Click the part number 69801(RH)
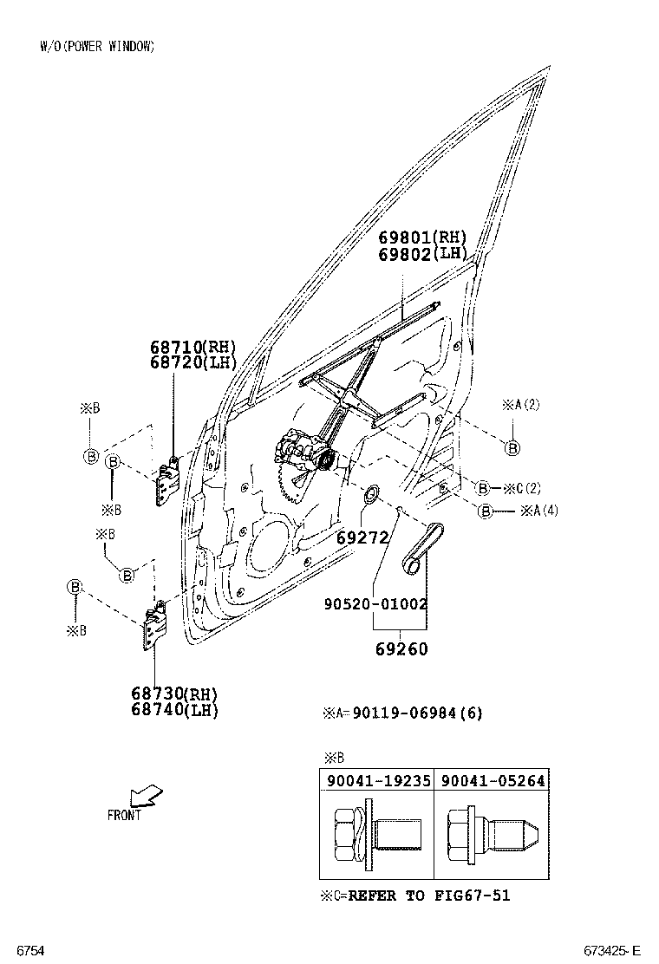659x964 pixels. click(x=421, y=238)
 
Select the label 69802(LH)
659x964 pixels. click(x=421, y=253)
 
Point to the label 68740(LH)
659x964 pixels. click(x=174, y=709)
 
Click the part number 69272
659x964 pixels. click(x=362, y=538)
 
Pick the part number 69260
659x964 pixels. click(x=401, y=648)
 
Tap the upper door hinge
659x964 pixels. click(x=166, y=481)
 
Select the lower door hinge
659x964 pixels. click(x=153, y=625)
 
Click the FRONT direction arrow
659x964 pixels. click(x=144, y=795)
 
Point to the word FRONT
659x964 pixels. click(x=124, y=815)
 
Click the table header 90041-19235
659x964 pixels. click(x=378, y=780)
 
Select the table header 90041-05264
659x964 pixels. click(x=493, y=780)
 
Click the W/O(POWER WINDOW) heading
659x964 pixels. click(x=97, y=47)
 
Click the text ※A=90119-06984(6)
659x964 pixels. click(x=402, y=713)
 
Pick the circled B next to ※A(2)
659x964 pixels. click(x=512, y=447)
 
